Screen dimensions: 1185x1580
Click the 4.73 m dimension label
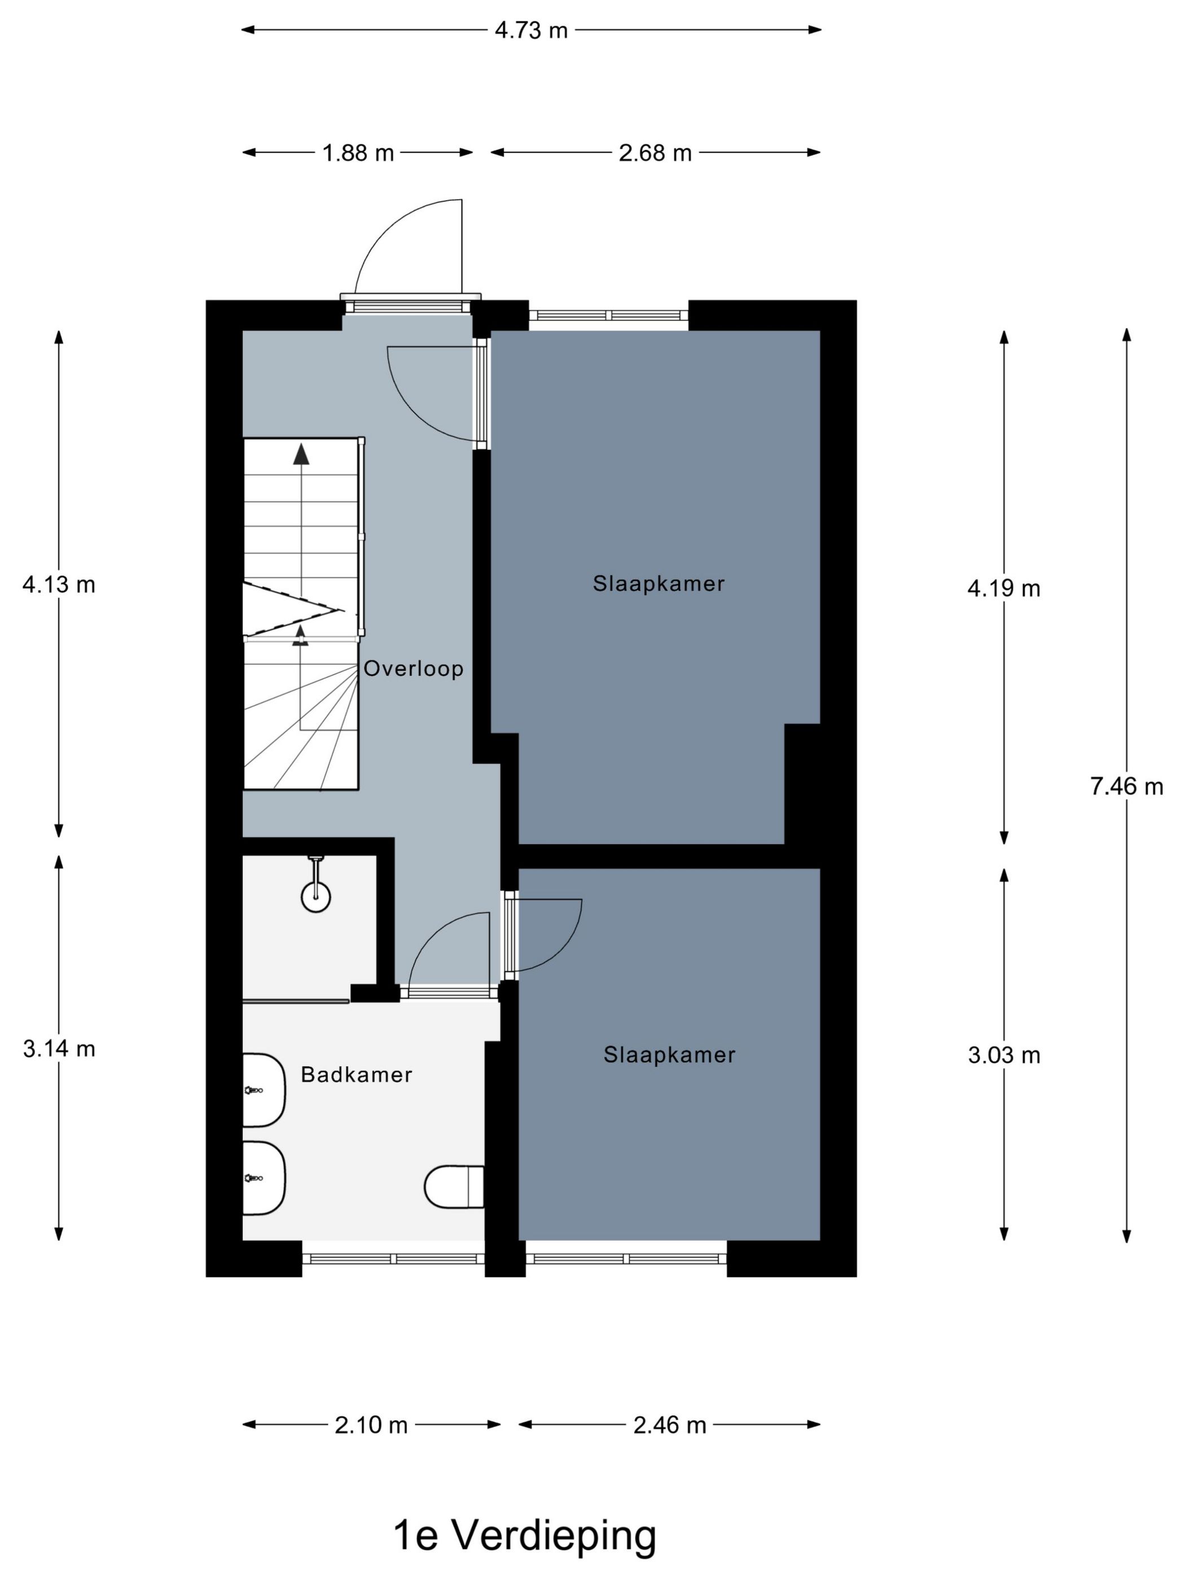531,30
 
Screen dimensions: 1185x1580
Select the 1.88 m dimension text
358,153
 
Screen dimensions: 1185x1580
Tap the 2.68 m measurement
655,153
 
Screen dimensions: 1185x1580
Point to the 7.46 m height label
1126,787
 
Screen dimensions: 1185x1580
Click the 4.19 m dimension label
1003,589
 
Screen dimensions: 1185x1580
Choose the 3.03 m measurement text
1003,1055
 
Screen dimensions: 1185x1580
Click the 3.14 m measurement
59,1048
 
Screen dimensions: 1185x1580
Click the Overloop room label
414,669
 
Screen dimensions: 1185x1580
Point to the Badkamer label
357,1075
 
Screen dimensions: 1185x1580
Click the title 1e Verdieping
525,1531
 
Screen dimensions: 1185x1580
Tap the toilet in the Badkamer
454,1187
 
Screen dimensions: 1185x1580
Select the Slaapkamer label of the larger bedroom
659,584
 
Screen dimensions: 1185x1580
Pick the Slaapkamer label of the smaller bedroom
669,1055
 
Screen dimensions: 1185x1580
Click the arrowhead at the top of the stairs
301,454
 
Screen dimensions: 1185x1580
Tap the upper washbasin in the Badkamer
264,1091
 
